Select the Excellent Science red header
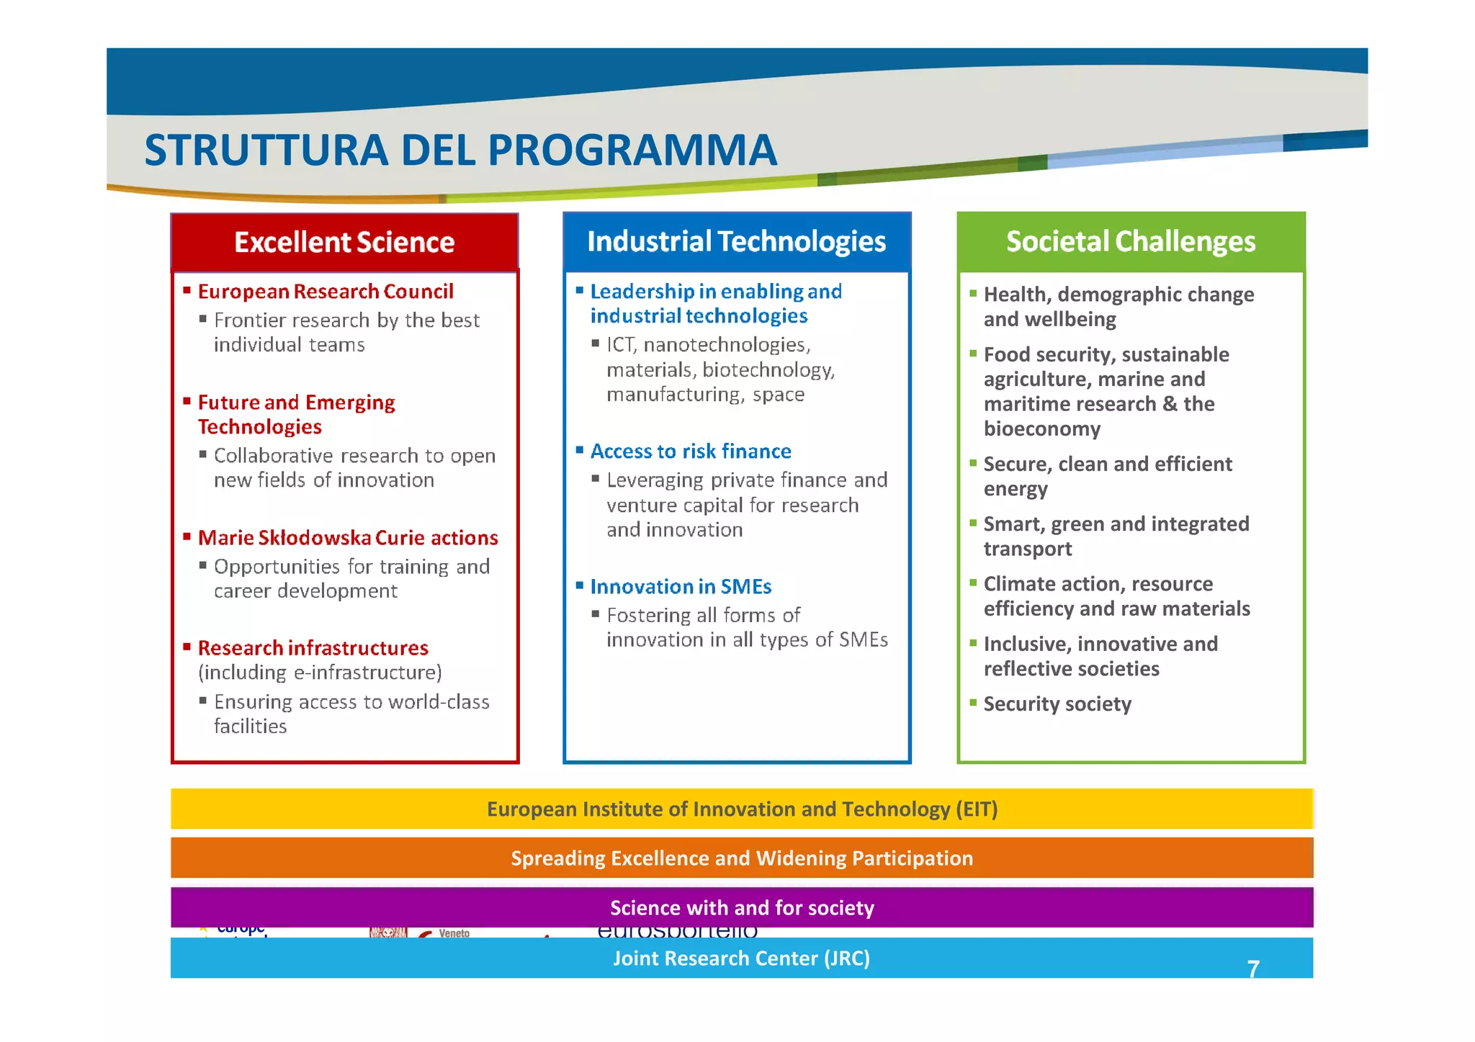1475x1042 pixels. click(344, 243)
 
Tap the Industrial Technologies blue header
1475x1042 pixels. click(736, 242)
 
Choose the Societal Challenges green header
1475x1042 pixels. click(1130, 242)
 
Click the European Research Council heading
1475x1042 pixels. click(326, 292)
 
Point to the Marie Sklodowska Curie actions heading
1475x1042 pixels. click(348, 538)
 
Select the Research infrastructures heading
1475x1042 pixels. click(313, 648)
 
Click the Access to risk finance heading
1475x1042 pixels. click(691, 452)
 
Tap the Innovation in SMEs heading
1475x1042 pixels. click(681, 587)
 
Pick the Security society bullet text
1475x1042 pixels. click(1057, 704)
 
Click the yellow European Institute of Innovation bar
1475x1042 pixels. click(742, 809)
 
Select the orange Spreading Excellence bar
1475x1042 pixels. click(742, 858)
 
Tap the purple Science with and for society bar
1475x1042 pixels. click(742, 908)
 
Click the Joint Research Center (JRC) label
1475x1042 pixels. click(741, 958)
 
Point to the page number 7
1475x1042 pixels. click(1253, 969)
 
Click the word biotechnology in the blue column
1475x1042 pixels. click(768, 370)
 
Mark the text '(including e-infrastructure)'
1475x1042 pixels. click(320, 673)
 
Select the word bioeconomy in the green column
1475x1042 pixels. click(1041, 429)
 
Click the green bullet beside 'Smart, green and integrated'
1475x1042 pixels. click(973, 523)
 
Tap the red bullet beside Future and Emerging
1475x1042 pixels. click(187, 400)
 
